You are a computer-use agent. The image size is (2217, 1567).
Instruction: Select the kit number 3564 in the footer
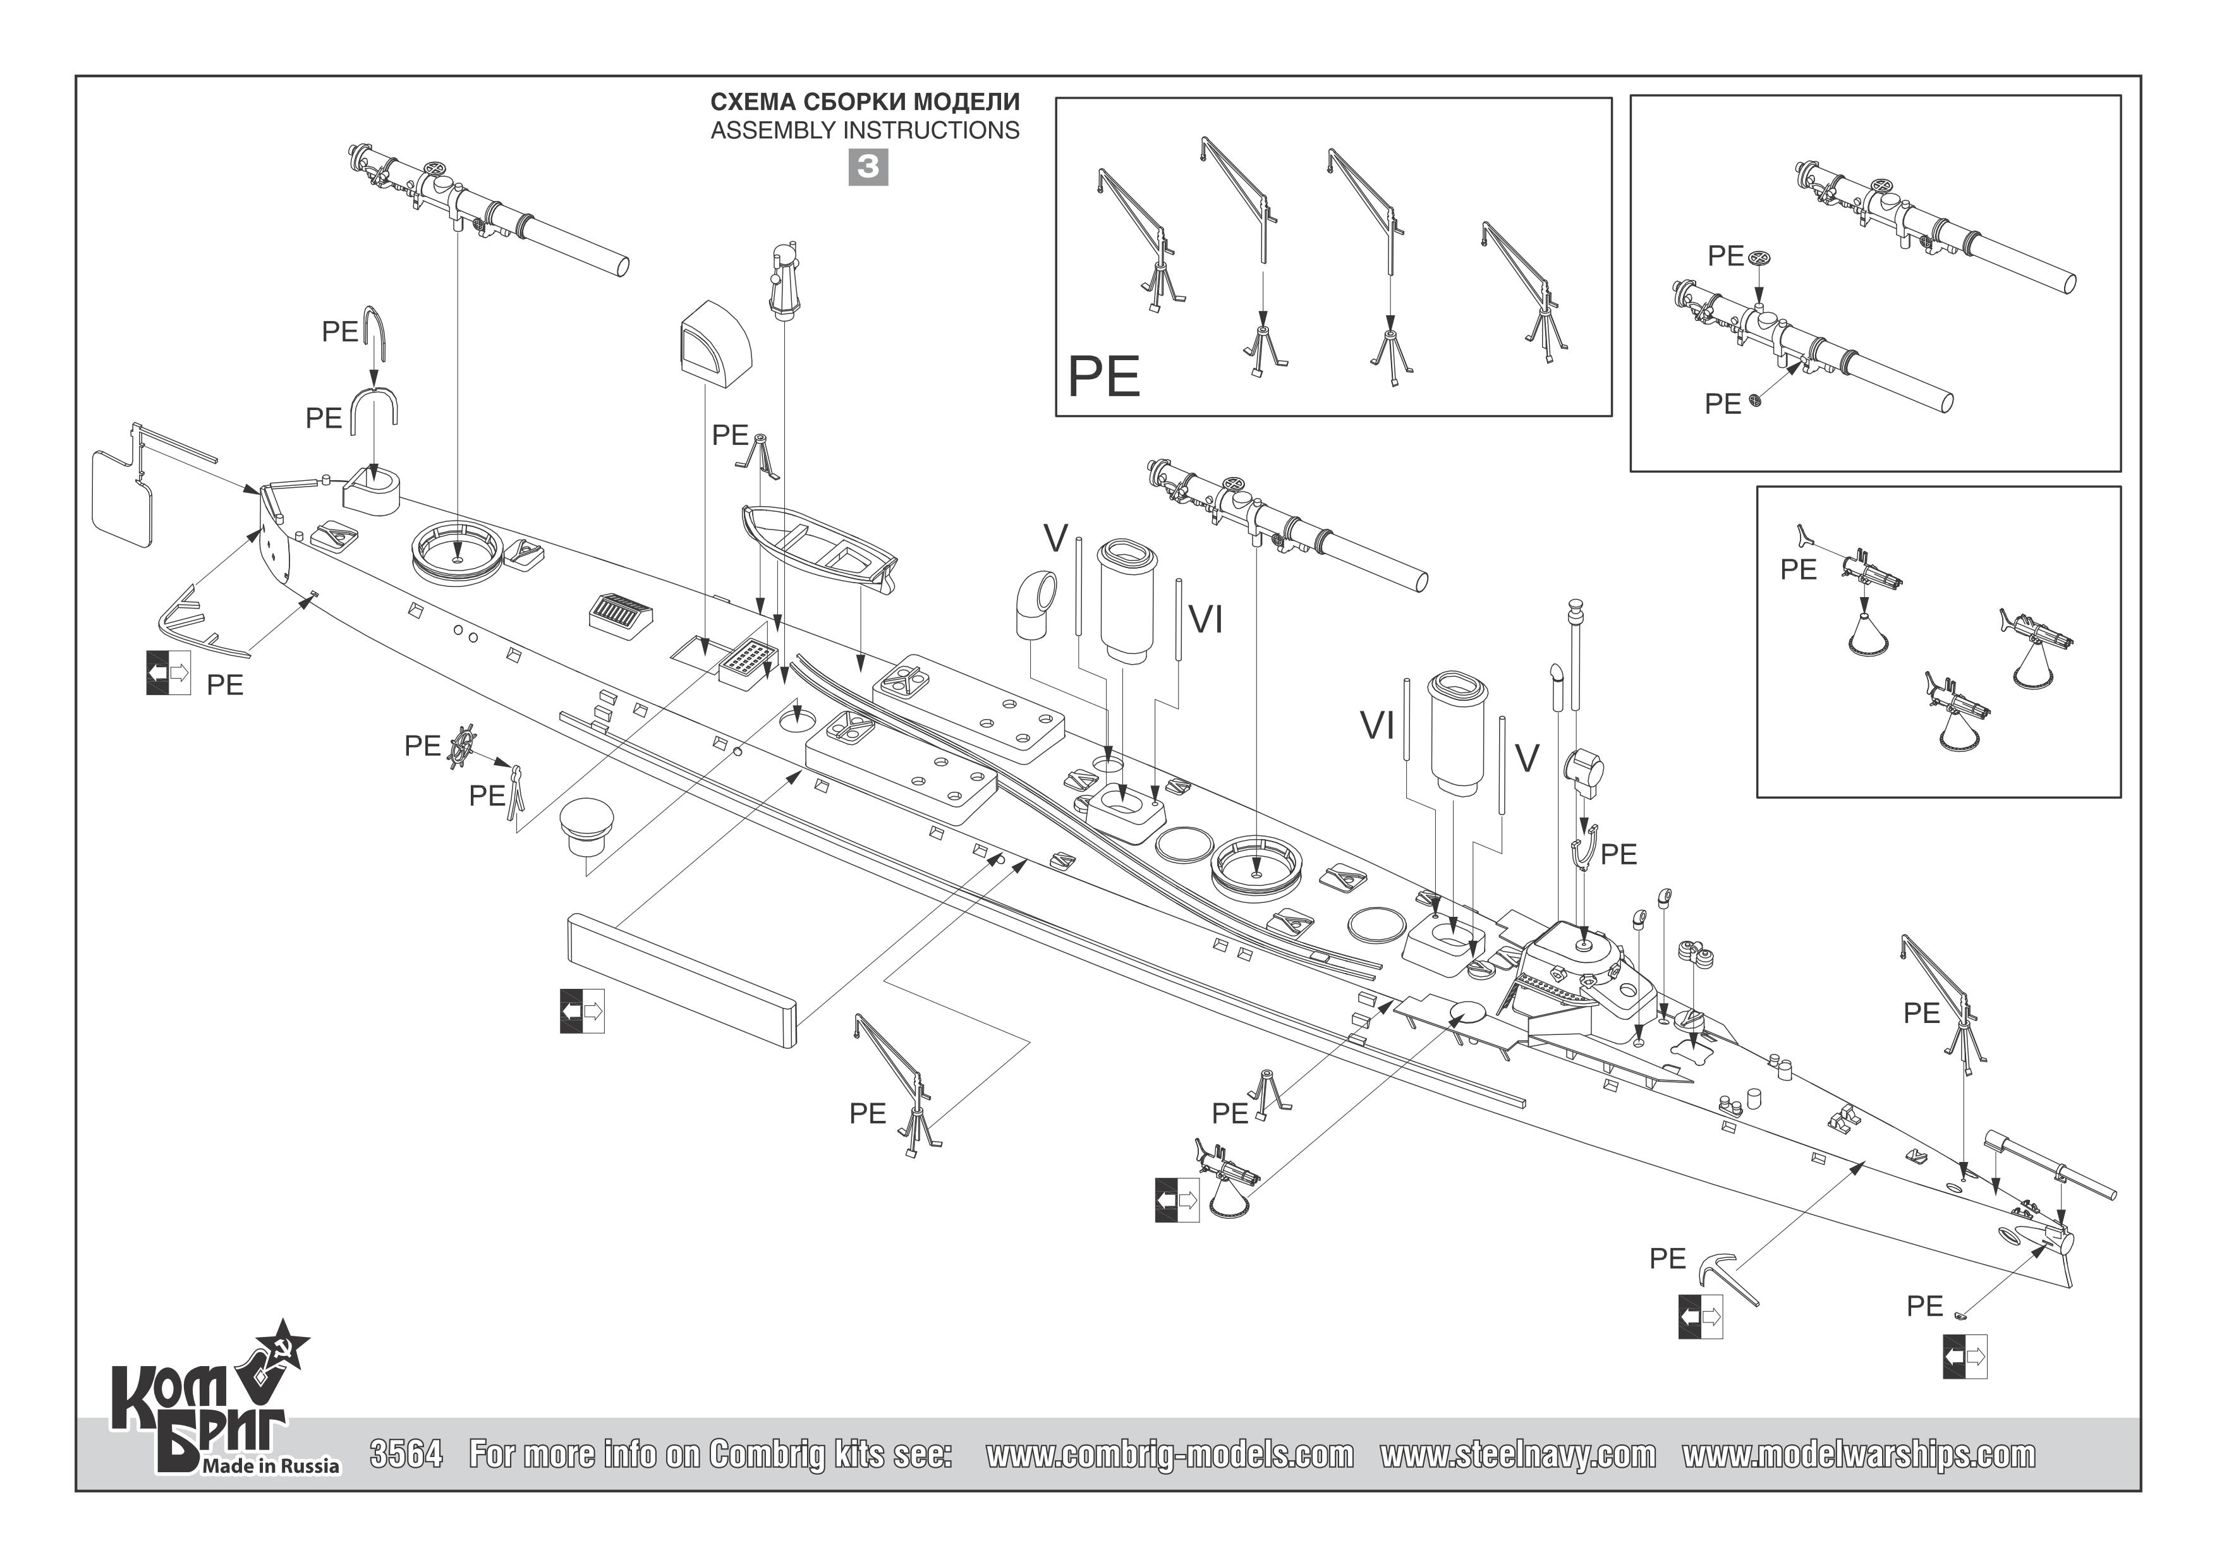[406, 1454]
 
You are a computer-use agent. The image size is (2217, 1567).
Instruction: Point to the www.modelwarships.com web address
[1858, 1454]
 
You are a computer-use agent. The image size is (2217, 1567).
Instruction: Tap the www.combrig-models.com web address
[1169, 1454]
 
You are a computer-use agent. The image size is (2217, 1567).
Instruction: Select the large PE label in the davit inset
[1103, 377]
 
